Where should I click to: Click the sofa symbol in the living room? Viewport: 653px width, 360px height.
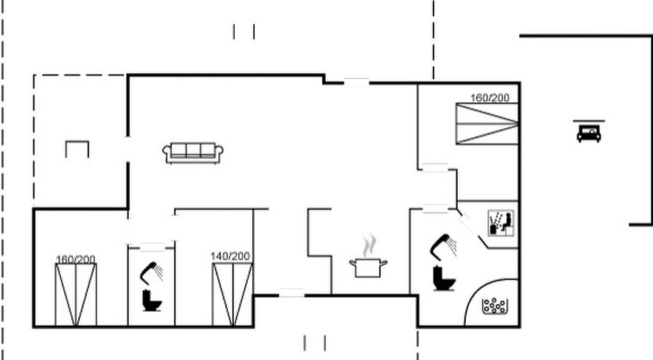click(193, 153)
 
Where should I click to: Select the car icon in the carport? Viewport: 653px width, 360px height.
click(589, 131)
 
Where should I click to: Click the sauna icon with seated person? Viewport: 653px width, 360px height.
click(501, 223)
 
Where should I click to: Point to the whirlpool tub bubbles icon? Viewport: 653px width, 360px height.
click(494, 306)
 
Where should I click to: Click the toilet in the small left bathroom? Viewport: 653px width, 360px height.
click(152, 301)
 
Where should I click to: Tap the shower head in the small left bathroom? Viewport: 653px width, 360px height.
click(151, 272)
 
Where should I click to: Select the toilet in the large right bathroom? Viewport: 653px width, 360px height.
click(444, 278)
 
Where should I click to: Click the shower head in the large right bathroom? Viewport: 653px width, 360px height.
click(443, 247)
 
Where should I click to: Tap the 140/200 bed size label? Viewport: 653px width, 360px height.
click(230, 257)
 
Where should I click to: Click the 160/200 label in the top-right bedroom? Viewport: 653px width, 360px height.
click(490, 98)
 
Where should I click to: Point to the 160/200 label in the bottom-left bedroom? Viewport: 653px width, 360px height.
click(75, 260)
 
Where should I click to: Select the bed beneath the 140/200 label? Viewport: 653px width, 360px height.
click(233, 294)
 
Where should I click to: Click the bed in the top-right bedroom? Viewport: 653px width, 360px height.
click(487, 124)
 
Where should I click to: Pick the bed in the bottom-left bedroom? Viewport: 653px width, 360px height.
click(76, 295)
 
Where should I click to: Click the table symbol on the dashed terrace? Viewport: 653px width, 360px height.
click(77, 149)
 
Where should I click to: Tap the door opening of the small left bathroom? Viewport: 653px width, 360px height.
click(152, 247)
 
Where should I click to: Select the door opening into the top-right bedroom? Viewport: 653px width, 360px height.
click(435, 167)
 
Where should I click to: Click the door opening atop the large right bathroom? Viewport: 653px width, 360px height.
click(435, 209)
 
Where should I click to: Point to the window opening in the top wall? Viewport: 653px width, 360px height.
click(356, 82)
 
